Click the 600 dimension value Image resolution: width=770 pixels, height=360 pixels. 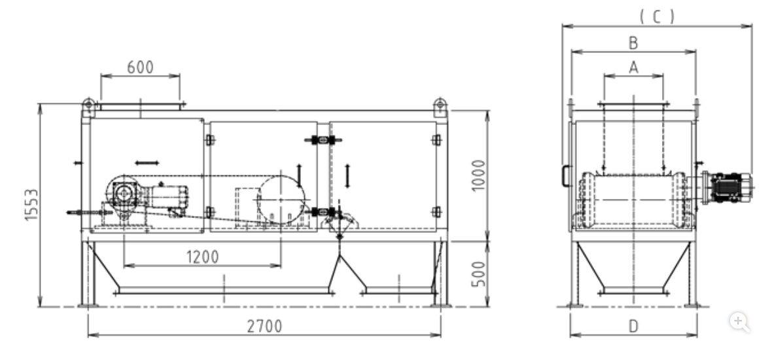click(140, 67)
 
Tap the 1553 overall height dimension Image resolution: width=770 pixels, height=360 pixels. click(31, 205)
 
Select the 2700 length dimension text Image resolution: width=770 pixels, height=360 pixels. click(264, 326)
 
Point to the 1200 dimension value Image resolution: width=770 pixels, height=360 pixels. click(202, 257)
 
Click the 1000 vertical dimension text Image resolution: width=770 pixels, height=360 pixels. click(478, 176)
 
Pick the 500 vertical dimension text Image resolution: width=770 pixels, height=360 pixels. click(478, 274)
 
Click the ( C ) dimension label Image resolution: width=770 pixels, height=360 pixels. click(657, 17)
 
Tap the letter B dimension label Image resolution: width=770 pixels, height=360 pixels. click(633, 43)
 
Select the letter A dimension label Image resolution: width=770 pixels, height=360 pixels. click(633, 67)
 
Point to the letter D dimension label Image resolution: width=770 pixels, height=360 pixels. click(633, 326)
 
